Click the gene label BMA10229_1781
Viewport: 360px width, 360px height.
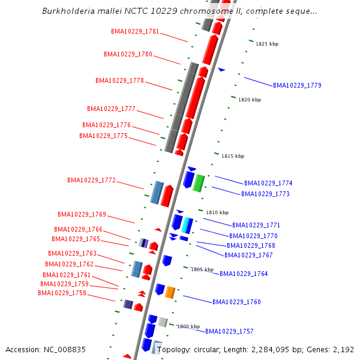135,31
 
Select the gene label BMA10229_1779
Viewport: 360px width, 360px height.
297,85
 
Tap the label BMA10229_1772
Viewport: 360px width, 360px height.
91,180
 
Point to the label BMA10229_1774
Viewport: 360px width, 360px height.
268,183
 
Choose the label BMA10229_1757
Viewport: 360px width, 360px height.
229,331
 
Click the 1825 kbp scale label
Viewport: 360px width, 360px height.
267,44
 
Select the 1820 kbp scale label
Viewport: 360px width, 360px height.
250,100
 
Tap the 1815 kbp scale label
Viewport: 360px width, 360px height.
233,156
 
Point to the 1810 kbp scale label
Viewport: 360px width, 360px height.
217,212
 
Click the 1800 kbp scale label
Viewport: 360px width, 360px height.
188,326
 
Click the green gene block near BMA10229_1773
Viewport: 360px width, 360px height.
199,183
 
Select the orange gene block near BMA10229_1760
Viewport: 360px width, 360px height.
170,292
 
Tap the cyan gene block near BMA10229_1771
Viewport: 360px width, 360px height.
187,225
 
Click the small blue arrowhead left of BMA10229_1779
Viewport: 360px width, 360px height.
221,70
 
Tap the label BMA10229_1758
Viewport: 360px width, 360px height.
62,293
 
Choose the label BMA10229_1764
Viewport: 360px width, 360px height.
244,274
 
